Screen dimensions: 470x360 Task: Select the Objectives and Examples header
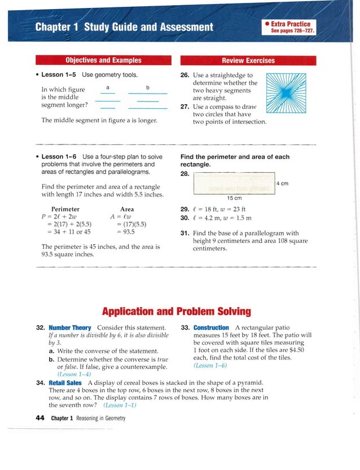(103, 60)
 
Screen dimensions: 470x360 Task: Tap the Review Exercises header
(248, 60)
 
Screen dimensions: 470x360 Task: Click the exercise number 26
(185, 75)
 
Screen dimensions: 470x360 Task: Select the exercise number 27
(185, 106)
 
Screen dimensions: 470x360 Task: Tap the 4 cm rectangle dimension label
(283, 183)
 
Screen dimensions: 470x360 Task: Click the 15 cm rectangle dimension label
(234, 198)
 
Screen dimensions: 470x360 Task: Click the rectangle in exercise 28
(234, 183)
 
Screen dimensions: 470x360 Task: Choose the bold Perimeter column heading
(65, 209)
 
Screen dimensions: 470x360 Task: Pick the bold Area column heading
(127, 209)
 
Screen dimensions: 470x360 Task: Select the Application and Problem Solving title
(176, 311)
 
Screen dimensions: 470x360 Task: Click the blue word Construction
(211, 328)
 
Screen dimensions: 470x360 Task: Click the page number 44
(39, 418)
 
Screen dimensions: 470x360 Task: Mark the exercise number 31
(185, 233)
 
